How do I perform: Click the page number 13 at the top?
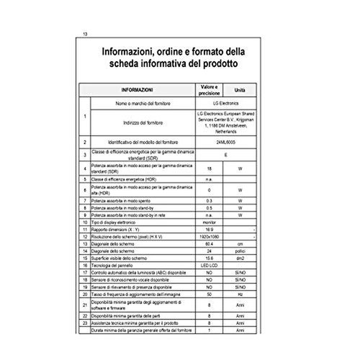tap(86, 35)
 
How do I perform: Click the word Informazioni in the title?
tap(132, 52)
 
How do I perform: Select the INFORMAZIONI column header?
tap(137, 90)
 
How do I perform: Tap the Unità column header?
tap(241, 90)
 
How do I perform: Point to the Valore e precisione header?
tap(209, 90)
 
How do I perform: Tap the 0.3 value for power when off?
tap(209, 199)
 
